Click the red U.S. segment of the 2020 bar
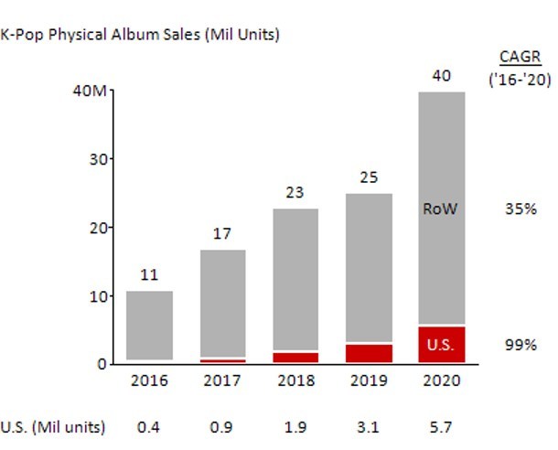tap(442, 345)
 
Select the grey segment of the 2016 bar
tap(149, 325)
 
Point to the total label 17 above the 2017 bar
tap(222, 234)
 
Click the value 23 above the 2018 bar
tap(295, 194)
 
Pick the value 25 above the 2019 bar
tap(369, 177)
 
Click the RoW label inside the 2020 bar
tap(440, 209)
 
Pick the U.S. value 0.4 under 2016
tap(149, 426)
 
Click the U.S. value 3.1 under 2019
tap(369, 426)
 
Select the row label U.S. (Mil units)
tap(53, 426)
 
